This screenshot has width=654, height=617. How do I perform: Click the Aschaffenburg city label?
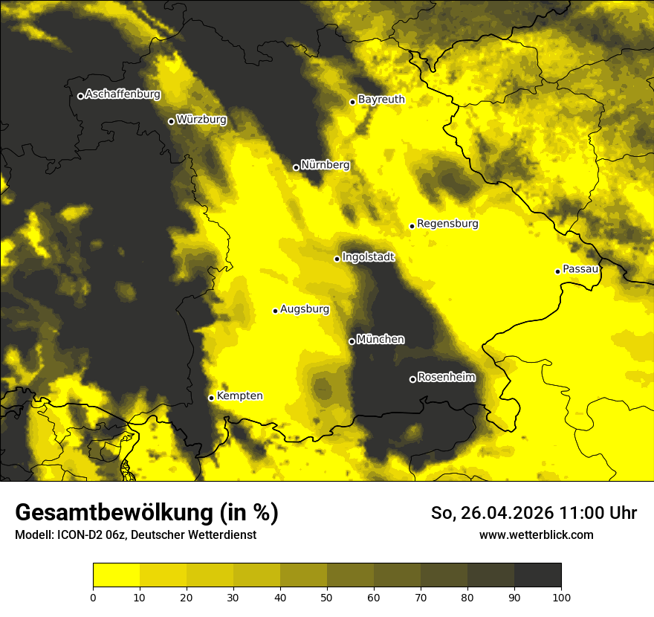pos(123,94)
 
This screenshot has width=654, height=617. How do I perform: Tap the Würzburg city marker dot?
pos(171,121)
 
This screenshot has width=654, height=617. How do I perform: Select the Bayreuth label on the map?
pos(381,99)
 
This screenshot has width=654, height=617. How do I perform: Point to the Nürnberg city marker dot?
pos(296,167)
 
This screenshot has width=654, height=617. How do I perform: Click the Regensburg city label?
pos(447,223)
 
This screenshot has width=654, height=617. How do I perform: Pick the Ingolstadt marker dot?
pos(337,259)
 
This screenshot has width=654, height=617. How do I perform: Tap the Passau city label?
pos(580,268)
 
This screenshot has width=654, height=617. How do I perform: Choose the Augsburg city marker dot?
pos(275,311)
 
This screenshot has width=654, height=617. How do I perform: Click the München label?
pos(381,339)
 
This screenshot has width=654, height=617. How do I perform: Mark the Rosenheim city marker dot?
pos(412,380)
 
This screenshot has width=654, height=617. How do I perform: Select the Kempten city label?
pos(239,395)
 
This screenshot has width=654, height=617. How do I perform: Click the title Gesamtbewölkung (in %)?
pos(146,513)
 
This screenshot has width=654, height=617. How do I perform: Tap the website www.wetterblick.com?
pos(536,534)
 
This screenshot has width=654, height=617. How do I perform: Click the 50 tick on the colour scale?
pos(327,596)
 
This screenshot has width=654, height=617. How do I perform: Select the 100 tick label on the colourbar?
pos(560,596)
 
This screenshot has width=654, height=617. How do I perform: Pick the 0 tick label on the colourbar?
pos(93,596)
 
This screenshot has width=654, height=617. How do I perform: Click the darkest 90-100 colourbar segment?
pos(537,575)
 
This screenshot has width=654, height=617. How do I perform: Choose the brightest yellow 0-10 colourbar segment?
pos(116,575)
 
